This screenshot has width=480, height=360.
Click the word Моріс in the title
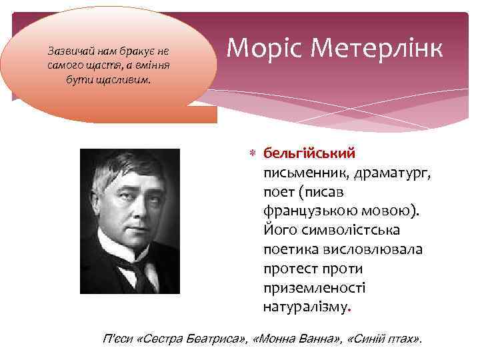coord(260,48)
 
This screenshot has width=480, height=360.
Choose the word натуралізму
coord(306,308)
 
